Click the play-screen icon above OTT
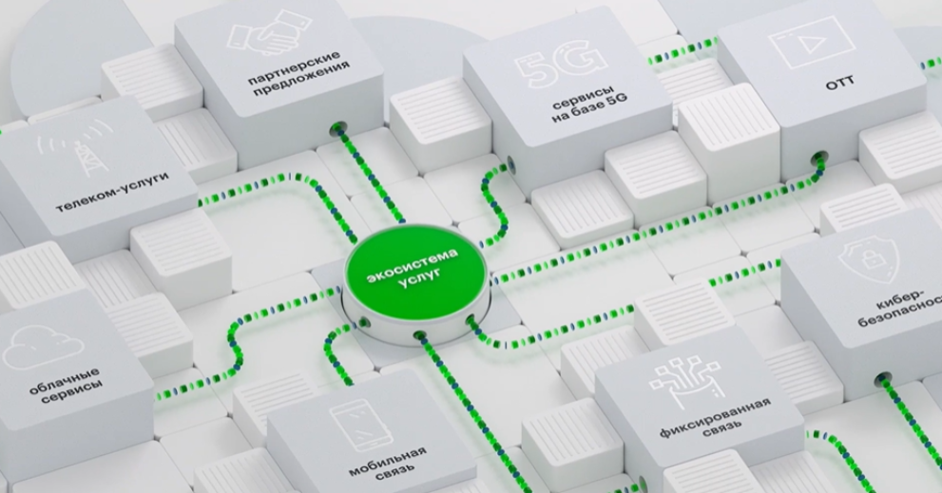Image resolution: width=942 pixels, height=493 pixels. pyautogui.click(x=798, y=41)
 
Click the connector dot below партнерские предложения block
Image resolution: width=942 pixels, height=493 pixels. pyautogui.click(x=335, y=128)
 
